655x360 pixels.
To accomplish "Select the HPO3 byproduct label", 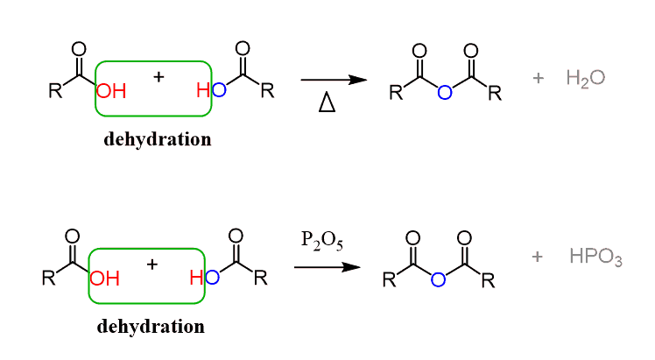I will pos(595,258).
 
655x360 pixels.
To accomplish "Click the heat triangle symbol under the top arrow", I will pos(327,104).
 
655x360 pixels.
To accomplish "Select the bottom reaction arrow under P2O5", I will pos(327,265).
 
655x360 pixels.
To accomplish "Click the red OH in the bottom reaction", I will pos(104,279).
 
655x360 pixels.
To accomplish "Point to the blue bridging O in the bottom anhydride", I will pos(439,279).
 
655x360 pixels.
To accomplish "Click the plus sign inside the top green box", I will pos(158,77).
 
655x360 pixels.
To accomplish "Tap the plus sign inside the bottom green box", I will pos(151,263).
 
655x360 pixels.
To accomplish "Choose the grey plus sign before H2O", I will pos(538,79).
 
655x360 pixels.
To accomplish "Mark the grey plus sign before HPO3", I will pos(538,258).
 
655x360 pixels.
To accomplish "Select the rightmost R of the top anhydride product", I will pos(495,93).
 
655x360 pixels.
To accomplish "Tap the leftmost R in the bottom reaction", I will pos(49,279).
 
